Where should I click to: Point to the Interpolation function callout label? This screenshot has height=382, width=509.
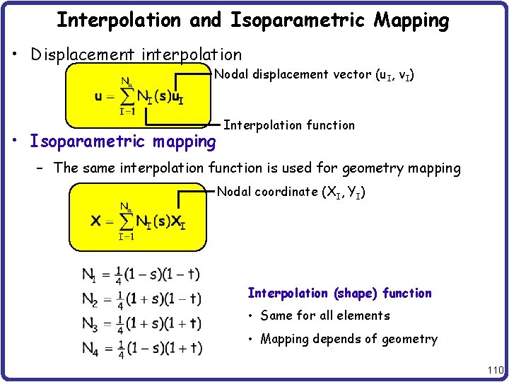(x=289, y=125)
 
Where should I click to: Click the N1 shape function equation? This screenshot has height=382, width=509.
(x=141, y=275)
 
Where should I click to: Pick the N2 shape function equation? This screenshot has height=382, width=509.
(x=141, y=300)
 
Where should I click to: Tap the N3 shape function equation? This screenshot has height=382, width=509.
(x=141, y=324)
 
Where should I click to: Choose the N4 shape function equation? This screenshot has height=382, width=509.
(x=141, y=348)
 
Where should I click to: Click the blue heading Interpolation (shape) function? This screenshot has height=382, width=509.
(x=339, y=293)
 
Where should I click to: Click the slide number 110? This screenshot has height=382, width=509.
(x=494, y=369)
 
